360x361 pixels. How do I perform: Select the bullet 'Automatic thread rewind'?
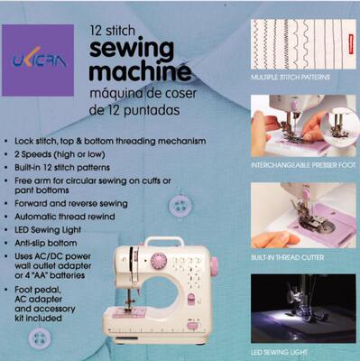74,218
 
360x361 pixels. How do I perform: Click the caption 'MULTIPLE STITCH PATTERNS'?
291,79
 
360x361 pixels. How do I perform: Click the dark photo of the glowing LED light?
301,307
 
